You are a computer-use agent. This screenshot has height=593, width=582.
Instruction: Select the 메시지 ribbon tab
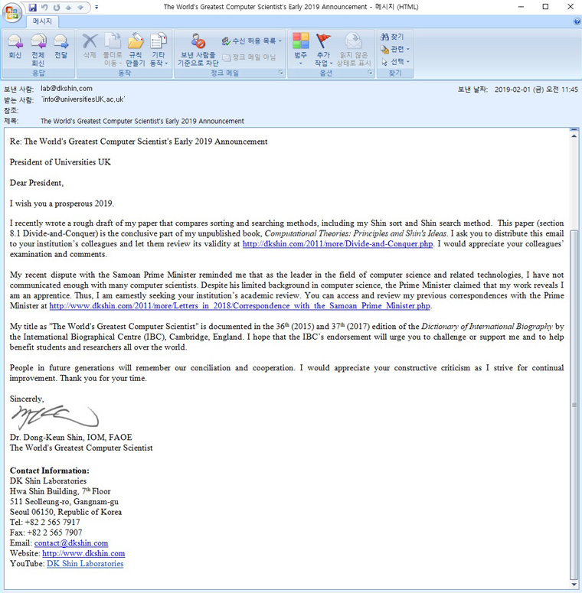point(41,21)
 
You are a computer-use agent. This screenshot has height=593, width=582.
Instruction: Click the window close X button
point(567,7)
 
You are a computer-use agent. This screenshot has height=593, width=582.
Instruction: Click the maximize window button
point(545,7)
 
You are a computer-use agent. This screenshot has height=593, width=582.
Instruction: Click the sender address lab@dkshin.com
point(67,89)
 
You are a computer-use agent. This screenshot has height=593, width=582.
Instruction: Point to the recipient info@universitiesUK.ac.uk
point(83,99)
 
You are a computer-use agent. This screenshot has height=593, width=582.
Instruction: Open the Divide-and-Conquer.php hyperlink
point(338,244)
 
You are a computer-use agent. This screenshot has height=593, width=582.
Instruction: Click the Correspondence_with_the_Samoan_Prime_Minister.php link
point(240,305)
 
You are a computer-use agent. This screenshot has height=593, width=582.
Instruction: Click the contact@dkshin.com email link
point(71,543)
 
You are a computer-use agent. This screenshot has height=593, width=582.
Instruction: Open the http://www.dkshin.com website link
point(83,553)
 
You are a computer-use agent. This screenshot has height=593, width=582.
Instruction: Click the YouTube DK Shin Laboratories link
point(85,564)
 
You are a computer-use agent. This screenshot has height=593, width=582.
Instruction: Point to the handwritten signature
point(54,418)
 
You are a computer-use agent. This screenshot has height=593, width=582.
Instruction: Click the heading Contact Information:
point(50,471)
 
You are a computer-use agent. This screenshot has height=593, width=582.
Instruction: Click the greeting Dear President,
point(37,183)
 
